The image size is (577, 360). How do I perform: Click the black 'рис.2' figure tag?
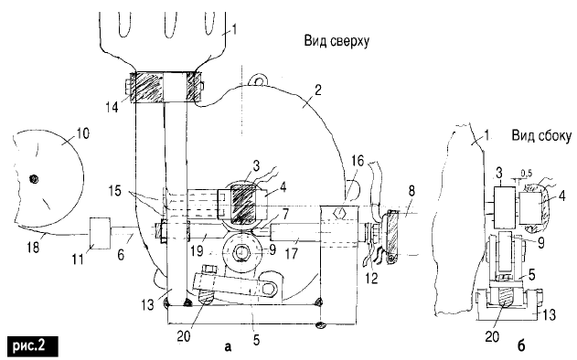click(33, 345)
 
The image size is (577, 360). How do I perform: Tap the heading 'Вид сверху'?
click(337, 40)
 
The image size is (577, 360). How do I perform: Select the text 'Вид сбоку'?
click(541, 136)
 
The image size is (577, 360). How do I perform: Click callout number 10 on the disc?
click(83, 133)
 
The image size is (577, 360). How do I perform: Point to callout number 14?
click(112, 107)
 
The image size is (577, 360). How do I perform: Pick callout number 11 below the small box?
click(78, 259)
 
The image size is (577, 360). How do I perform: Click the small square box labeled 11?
click(100, 233)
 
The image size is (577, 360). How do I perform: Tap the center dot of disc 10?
click(35, 179)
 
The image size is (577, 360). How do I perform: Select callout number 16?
click(358, 161)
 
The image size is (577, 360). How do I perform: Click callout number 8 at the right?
click(411, 190)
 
